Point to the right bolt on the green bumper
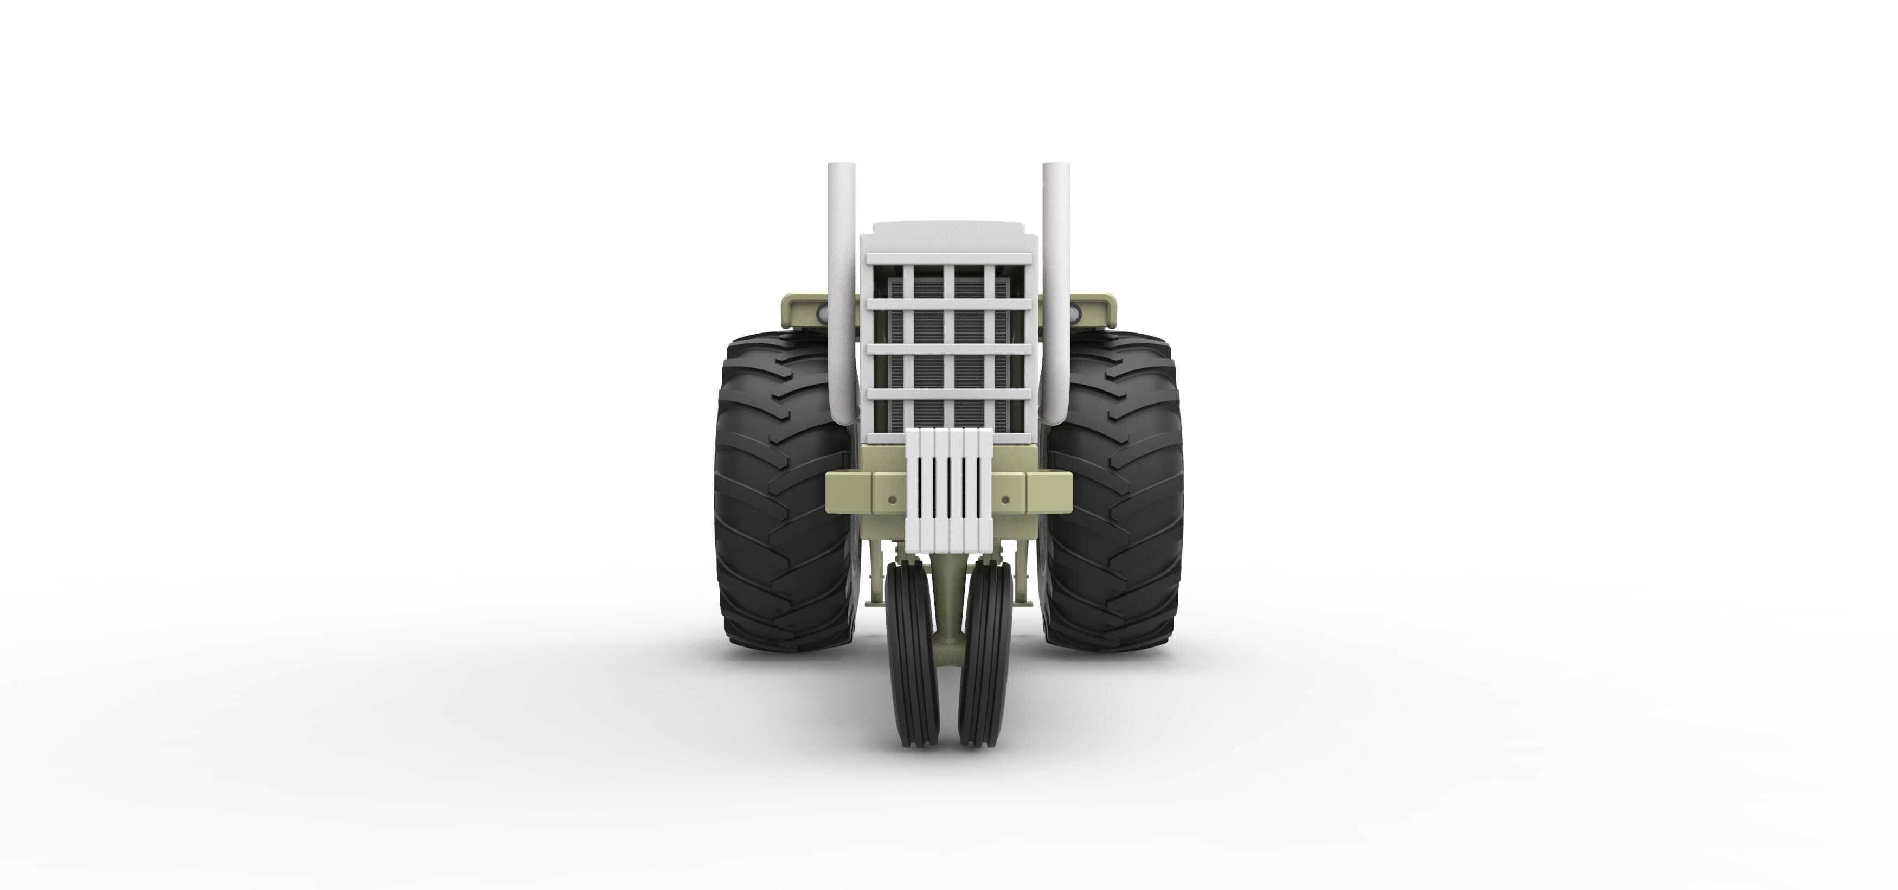tap(1006, 500)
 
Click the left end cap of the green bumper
tap(847, 493)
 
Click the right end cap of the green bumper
tap(1049, 493)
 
